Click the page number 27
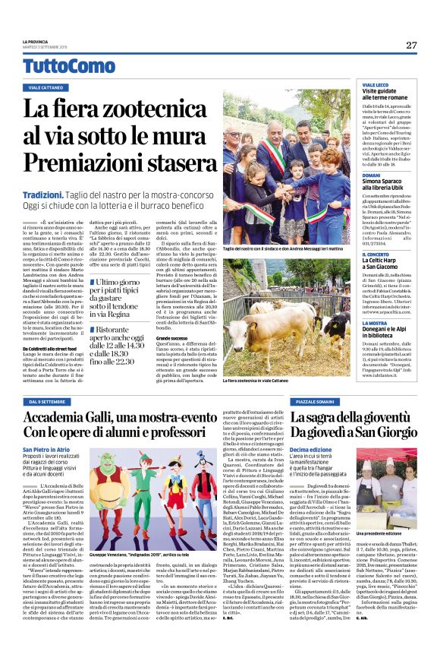click(x=410, y=45)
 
